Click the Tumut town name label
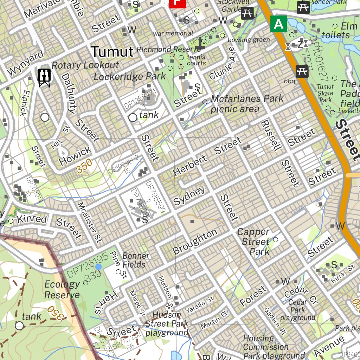(112, 52)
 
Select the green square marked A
(278, 24)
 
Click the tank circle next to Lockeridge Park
(133, 118)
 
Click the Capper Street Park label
(256, 242)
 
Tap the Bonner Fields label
(136, 260)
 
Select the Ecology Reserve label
(62, 290)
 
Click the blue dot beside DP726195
(98, 267)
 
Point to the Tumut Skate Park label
(325, 93)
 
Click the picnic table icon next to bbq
(302, 71)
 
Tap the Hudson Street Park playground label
(167, 323)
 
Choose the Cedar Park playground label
(297, 310)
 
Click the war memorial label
(173, 33)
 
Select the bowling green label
(249, 40)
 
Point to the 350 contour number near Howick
(84, 166)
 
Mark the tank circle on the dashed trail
(19, 326)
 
